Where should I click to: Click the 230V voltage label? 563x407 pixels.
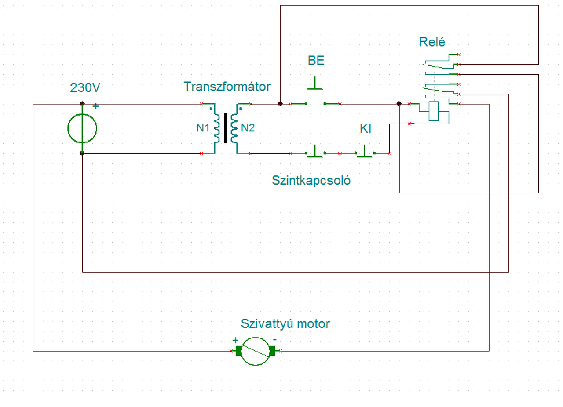[85, 87]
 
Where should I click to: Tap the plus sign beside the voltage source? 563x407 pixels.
[95, 106]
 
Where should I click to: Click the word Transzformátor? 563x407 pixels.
[227, 87]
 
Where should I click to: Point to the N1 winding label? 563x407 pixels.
[203, 128]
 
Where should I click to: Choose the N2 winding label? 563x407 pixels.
[248, 128]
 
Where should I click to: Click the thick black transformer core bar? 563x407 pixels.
[226, 128]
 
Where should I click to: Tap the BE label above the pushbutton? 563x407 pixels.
[316, 60]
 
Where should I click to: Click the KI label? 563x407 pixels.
[365, 129]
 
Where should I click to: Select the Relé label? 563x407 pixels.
[432, 42]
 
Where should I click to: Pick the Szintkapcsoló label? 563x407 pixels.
[311, 180]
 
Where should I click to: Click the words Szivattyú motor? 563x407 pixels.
[285, 323]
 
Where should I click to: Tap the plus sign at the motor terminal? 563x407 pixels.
[235, 341]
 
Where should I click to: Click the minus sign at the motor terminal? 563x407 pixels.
[275, 340]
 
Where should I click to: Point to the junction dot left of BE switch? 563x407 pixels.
[280, 104]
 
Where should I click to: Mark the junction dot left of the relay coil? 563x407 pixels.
[399, 104]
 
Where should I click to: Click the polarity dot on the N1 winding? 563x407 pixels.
[211, 109]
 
